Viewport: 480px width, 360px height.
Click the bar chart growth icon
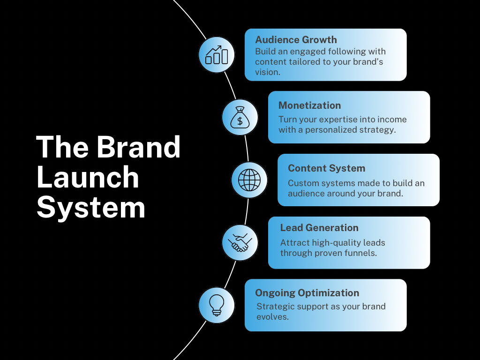pyautogui.click(x=217, y=55)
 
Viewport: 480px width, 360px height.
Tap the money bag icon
pyautogui.click(x=240, y=117)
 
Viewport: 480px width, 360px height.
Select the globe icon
pyautogui.click(x=249, y=180)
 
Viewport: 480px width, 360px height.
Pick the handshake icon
pyautogui.click(x=240, y=243)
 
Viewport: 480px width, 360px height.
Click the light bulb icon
pyautogui.click(x=217, y=305)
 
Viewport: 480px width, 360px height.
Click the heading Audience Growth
pyautogui.click(x=296, y=40)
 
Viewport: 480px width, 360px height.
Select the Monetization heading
pyautogui.click(x=309, y=105)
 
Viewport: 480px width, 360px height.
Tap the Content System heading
pyautogui.click(x=326, y=168)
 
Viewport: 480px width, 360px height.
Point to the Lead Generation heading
pyautogui.click(x=319, y=228)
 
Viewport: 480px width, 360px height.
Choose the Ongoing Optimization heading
pyautogui.click(x=307, y=293)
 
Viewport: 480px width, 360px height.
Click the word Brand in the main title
pyautogui.click(x=139, y=147)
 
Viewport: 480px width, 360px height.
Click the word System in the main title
pyautogui.click(x=91, y=208)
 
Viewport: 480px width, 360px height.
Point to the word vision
pyautogui.click(x=267, y=72)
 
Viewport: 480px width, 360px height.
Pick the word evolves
pyautogui.click(x=272, y=317)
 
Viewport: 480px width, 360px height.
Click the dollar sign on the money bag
pyautogui.click(x=240, y=121)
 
